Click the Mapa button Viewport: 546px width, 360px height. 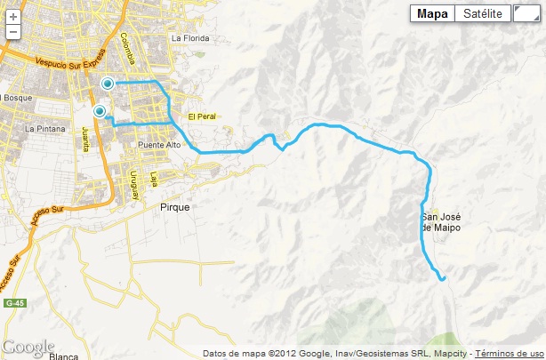(432, 13)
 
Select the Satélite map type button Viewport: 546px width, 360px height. (483, 13)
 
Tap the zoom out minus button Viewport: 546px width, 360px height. (13, 32)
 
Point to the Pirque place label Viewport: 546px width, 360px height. (175, 205)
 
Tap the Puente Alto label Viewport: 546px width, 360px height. (160, 145)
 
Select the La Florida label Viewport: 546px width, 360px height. (189, 38)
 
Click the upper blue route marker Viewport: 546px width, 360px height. (108, 84)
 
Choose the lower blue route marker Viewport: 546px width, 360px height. (100, 111)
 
